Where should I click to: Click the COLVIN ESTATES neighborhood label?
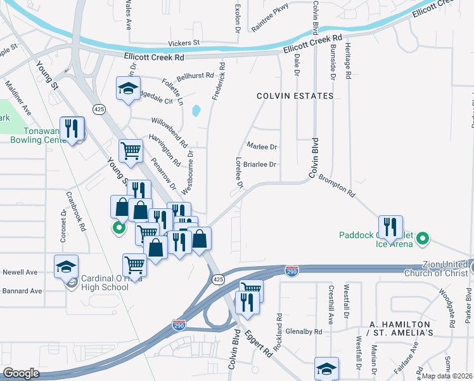pyautogui.click(x=295, y=96)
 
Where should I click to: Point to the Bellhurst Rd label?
pyautogui.click(x=195, y=76)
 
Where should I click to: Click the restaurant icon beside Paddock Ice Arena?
pyautogui.click(x=390, y=227)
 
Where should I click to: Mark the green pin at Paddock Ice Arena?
pyautogui.click(x=423, y=239)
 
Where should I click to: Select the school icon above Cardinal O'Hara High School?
pyautogui.click(x=66, y=267)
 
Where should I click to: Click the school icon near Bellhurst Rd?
pyautogui.click(x=128, y=88)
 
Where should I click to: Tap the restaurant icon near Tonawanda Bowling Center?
pyautogui.click(x=73, y=128)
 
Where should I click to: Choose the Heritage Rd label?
pyautogui.click(x=348, y=61)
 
